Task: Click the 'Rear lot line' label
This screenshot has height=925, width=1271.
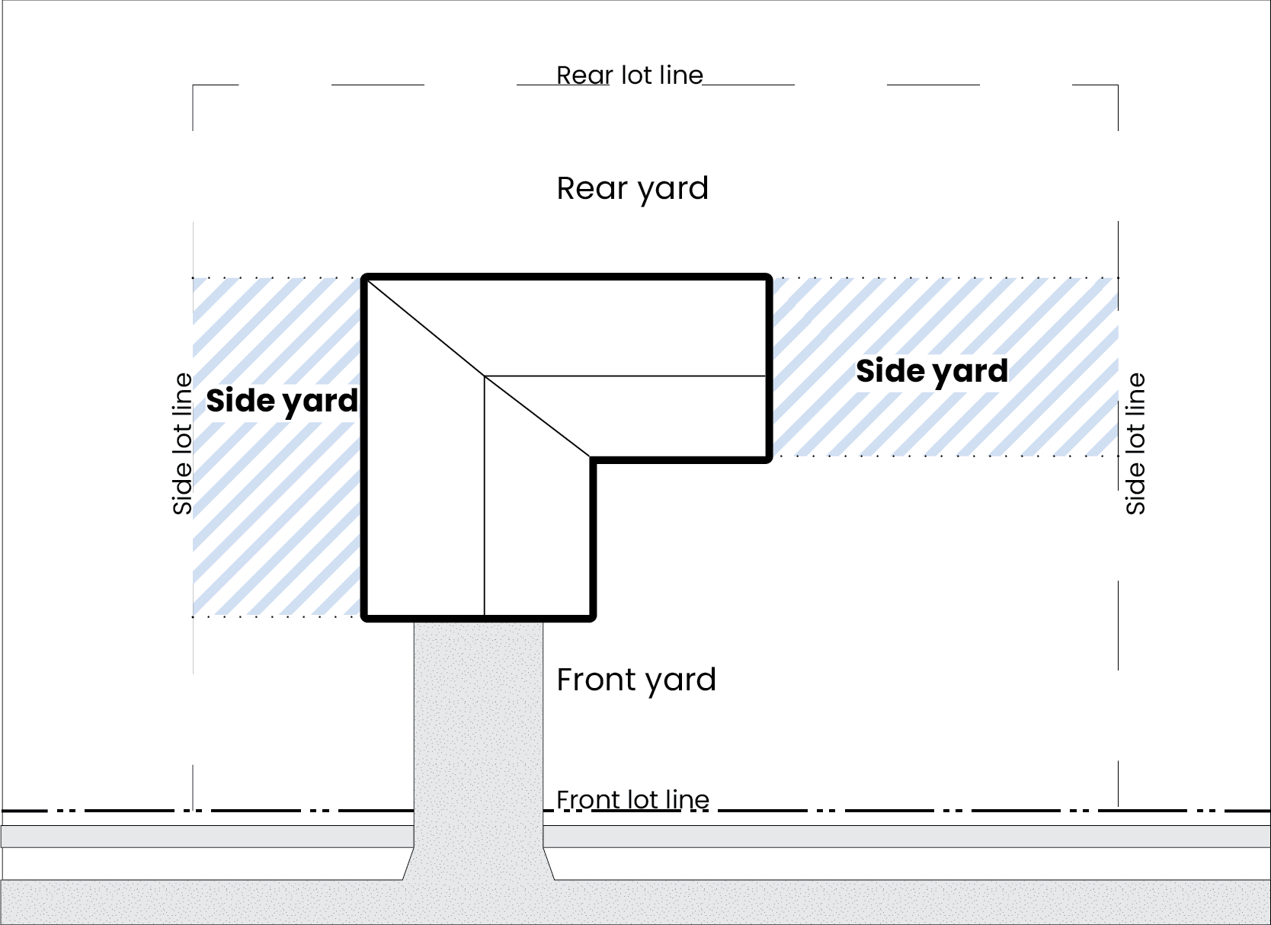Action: (629, 75)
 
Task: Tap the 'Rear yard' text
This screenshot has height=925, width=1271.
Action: (632, 188)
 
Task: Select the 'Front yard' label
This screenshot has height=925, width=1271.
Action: (636, 680)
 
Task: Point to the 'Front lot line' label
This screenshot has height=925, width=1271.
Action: (632, 800)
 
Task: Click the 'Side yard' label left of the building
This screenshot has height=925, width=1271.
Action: (282, 401)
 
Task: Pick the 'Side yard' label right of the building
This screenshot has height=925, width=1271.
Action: (931, 371)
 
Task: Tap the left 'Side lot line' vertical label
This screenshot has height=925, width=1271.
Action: (183, 443)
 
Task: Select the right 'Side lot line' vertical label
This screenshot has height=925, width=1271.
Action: (1135, 443)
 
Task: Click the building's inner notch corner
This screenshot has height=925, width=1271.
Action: (592, 459)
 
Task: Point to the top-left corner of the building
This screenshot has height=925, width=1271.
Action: (364, 277)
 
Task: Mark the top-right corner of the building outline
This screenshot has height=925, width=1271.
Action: (769, 277)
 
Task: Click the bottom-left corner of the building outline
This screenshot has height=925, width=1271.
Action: (364, 617)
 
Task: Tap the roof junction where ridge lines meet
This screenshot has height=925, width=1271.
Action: (485, 376)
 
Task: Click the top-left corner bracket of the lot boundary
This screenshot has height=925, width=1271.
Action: (194, 85)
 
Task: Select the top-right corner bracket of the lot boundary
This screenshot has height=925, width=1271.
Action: (1117, 85)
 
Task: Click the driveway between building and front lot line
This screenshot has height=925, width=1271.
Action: (479, 716)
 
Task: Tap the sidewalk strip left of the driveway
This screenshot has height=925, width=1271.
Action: (206, 836)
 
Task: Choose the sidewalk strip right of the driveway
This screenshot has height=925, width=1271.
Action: (907, 836)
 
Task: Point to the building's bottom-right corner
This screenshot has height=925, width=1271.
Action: (592, 617)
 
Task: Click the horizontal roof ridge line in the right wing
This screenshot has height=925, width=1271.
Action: (625, 376)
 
